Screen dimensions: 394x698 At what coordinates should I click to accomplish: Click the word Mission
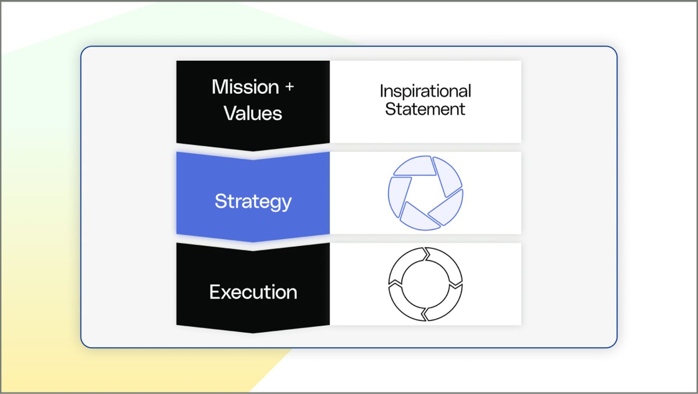[x=245, y=87]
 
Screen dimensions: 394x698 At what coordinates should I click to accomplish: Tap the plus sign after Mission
[x=289, y=87]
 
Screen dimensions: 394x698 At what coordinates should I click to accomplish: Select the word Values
[x=253, y=113]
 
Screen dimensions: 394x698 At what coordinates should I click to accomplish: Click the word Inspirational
[x=425, y=91]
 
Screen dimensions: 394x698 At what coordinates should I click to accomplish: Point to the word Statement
[x=425, y=109]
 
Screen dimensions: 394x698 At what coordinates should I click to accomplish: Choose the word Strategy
[x=253, y=201]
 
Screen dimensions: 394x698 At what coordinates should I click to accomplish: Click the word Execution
[x=253, y=292]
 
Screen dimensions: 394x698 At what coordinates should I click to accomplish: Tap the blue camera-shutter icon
[x=425, y=193]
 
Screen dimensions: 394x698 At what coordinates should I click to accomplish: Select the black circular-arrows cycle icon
[x=425, y=284]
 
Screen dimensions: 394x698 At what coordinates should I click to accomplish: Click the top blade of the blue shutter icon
[x=416, y=166]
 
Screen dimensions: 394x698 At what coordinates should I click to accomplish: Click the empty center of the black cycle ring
[x=425, y=284]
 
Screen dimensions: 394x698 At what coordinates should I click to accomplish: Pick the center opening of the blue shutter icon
[x=424, y=194]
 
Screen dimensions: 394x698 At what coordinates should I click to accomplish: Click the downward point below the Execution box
[x=253, y=329]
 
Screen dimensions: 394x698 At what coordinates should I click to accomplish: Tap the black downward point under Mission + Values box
[x=253, y=147]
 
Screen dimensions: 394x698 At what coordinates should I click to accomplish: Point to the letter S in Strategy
[x=220, y=201]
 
